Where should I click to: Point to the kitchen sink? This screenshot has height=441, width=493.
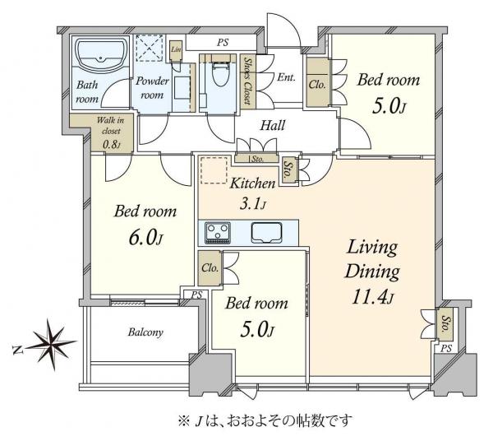(268, 232)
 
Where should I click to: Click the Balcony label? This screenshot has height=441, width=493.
(145, 333)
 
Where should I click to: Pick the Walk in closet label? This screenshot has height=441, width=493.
(108, 132)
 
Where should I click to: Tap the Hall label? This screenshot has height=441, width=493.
(273, 127)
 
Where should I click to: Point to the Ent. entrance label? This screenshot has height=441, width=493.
(287, 77)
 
